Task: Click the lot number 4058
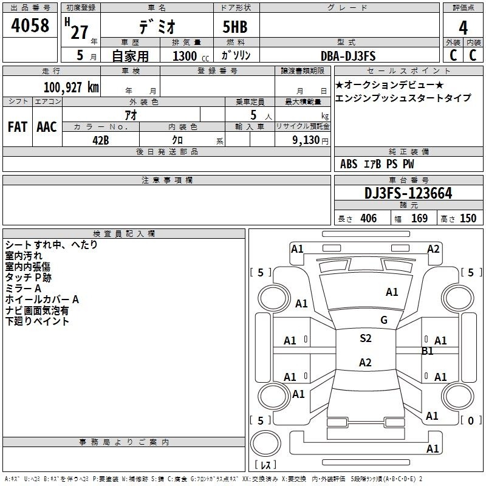coord(30,26)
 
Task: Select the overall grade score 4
coord(463,28)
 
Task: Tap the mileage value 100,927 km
coord(71,87)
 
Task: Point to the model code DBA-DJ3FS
coord(348,56)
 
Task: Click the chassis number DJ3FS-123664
coord(408,193)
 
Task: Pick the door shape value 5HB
coord(235,27)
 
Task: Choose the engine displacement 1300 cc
coord(191,56)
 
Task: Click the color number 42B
coord(101,140)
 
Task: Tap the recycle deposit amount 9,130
coord(306,140)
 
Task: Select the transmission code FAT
coord(18,127)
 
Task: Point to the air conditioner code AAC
coord(47,127)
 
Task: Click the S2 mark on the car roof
coord(366,338)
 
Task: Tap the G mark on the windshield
coord(384,320)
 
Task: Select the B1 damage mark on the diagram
coord(428,351)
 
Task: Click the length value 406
coord(369,219)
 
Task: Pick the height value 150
coord(468,219)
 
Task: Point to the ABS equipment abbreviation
coord(349,164)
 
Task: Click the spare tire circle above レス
coord(265,443)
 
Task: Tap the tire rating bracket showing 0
coord(471,420)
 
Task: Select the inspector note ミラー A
coord(23,289)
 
